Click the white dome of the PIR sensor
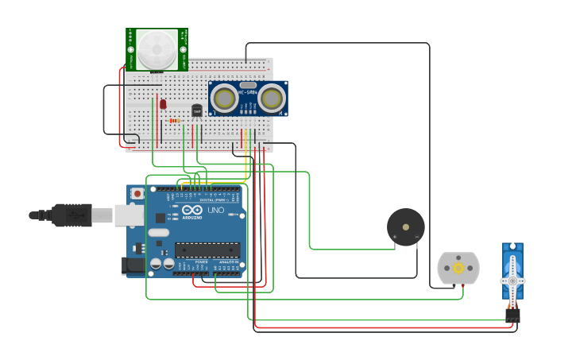[x=157, y=49]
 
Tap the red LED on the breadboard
[x=163, y=103]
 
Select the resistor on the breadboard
[x=176, y=121]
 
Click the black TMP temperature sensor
[x=197, y=110]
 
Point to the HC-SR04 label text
[x=248, y=93]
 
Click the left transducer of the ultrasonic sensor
[x=225, y=98]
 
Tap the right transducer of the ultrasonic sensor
[x=271, y=98]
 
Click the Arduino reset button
[x=137, y=193]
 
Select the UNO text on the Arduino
[x=215, y=211]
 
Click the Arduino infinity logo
[x=192, y=210]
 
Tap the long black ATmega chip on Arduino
[x=207, y=250]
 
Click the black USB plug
[x=72, y=215]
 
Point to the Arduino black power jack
[x=133, y=266]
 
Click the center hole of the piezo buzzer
[x=406, y=226]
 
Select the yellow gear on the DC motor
[x=458, y=269]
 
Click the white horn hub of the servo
[x=512, y=281]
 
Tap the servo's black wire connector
[x=512, y=315]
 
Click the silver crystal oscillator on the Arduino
[x=159, y=233]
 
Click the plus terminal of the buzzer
[x=394, y=237]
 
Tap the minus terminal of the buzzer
[x=416, y=237]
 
